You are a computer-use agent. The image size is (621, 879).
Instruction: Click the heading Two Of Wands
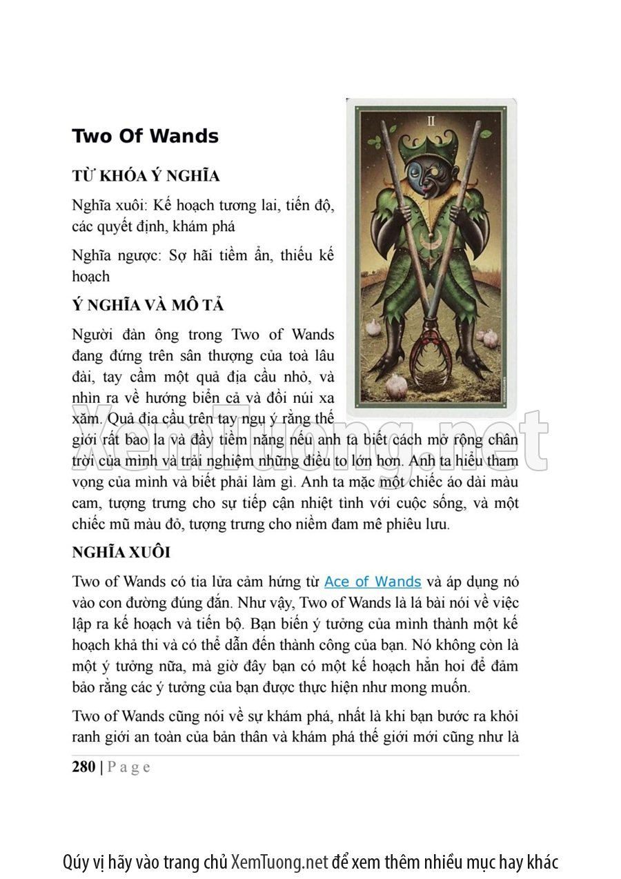point(145,136)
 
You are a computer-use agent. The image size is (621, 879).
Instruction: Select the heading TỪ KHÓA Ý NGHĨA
point(146,176)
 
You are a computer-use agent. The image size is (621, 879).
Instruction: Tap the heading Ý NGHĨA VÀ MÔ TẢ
point(148,305)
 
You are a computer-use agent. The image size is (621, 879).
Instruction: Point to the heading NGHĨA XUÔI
point(121,553)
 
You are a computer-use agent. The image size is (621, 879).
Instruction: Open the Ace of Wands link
point(373,582)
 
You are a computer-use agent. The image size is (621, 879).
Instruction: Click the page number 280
point(83,767)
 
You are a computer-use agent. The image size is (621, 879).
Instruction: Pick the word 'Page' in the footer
point(129,767)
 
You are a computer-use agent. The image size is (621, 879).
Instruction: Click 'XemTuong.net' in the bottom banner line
point(279,862)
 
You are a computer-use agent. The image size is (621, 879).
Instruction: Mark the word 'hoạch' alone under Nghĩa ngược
point(90,276)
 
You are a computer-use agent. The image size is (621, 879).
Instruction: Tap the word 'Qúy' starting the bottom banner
point(75,862)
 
